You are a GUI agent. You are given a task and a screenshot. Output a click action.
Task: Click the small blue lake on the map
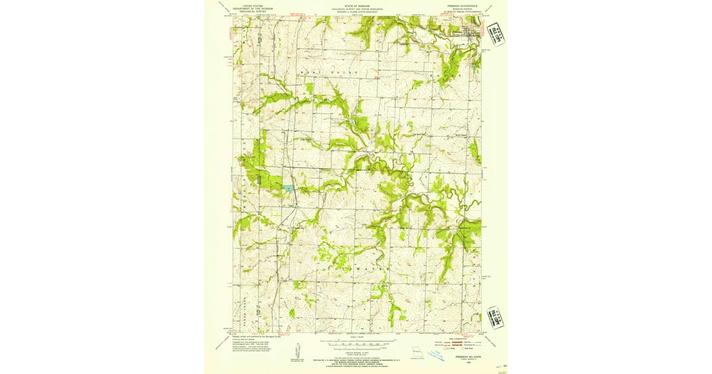click(288, 188)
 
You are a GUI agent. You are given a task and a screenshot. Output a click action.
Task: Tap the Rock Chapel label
click(444, 135)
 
